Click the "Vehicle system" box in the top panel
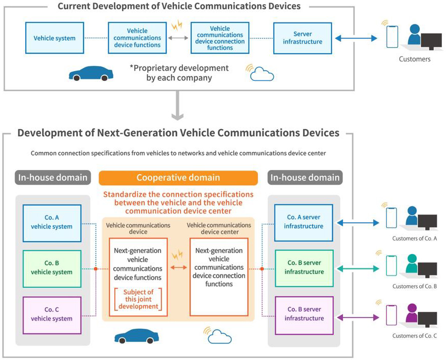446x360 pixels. [55, 38]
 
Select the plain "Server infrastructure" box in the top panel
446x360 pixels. [302, 38]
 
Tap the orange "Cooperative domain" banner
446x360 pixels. [178, 178]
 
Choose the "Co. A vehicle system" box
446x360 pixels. [52, 223]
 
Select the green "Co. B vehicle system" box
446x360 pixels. [52, 269]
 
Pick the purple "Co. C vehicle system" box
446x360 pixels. [52, 315]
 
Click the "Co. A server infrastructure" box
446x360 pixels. [304, 223]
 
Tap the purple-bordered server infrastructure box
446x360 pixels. [304, 315]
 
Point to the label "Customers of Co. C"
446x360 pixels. [414, 336]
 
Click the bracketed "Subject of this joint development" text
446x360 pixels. [138, 299]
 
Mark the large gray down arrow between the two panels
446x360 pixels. [177, 105]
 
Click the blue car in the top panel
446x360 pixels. [91, 74]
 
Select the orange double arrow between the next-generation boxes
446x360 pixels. [178, 267]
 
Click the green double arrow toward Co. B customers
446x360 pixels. [358, 269]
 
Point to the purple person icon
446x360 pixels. [412, 313]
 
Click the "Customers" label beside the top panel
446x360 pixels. [414, 59]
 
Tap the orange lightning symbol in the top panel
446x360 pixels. [177, 25]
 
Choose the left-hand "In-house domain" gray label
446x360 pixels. [53, 178]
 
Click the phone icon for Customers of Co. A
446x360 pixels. [391, 218]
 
